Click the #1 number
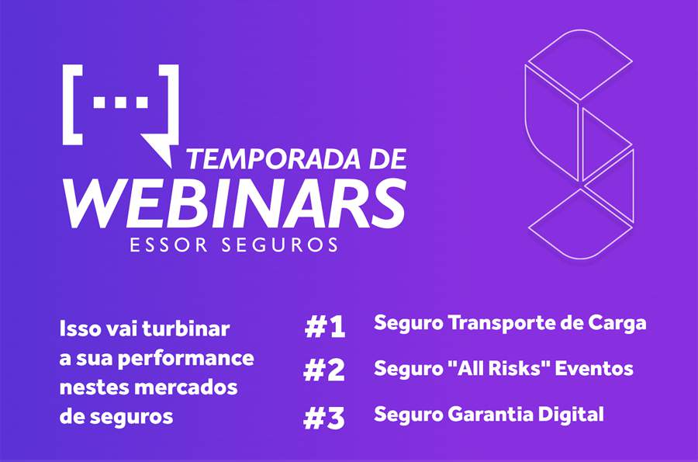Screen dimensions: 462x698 tap(324, 327)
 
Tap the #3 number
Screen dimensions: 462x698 tap(324, 418)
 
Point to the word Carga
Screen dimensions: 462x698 tap(616, 323)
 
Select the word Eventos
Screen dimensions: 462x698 tap(598, 368)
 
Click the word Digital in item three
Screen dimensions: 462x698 tap(575, 414)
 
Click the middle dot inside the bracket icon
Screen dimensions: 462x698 tap(119, 102)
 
